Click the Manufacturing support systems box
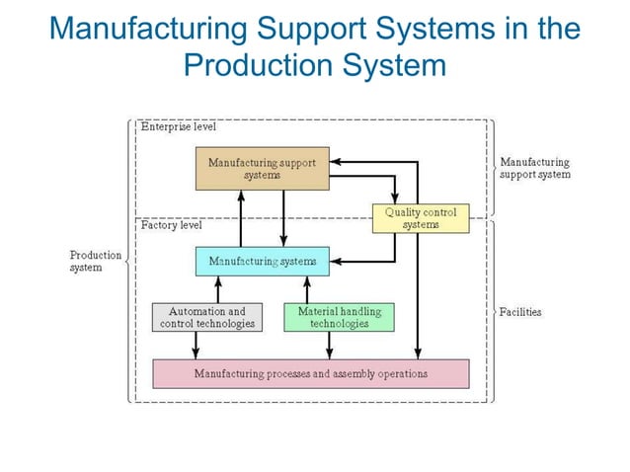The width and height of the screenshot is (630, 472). tap(262, 168)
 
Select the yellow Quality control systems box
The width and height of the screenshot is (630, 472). tap(420, 218)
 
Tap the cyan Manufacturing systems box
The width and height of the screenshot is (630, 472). tap(262, 261)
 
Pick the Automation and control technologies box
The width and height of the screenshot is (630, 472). tap(207, 317)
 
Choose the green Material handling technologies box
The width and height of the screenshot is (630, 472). tap(339, 317)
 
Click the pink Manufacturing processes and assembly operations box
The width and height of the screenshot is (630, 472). tap(310, 374)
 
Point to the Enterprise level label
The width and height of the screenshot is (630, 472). tap(178, 127)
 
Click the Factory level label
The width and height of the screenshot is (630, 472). tap(172, 225)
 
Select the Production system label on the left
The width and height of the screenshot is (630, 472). tap(95, 261)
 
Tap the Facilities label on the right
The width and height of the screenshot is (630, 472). tap(520, 312)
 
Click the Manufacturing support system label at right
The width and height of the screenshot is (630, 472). tap(534, 168)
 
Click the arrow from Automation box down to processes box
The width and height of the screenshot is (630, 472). tap(197, 346)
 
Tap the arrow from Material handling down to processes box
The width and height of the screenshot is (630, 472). tap(331, 346)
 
